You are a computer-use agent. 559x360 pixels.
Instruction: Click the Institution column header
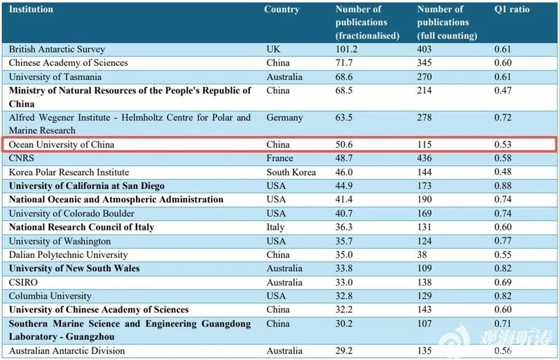point(31,10)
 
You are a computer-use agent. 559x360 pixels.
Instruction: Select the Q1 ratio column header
point(511,10)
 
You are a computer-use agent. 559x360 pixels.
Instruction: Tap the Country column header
point(282,10)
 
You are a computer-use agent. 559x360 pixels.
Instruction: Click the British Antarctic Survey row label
point(57,50)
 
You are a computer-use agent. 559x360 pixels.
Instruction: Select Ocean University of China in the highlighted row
point(62,145)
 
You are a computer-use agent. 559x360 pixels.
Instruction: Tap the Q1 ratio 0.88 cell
point(503,186)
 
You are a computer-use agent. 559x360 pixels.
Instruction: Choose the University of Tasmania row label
point(55,77)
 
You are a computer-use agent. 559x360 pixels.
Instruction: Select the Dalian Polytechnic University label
point(68,255)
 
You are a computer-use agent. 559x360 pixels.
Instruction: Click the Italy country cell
point(275,228)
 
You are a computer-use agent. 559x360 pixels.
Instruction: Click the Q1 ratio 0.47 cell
point(503,90)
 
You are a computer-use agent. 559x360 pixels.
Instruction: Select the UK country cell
point(273,50)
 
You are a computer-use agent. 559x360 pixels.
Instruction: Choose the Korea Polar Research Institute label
point(69,172)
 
